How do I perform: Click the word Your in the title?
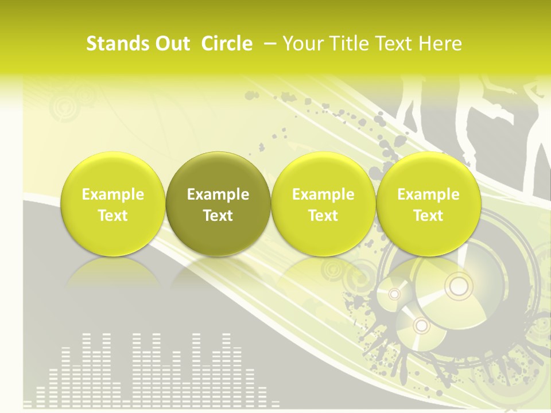click(302, 44)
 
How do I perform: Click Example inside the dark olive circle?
click(218, 194)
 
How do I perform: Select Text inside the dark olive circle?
click(218, 216)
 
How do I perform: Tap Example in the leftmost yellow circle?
click(113, 194)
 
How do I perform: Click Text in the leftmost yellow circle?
click(113, 216)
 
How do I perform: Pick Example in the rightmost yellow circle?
click(428, 194)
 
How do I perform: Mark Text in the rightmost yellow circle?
click(428, 216)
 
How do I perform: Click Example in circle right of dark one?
click(323, 194)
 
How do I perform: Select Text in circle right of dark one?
click(323, 216)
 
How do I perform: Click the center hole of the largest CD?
click(457, 285)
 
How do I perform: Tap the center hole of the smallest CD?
click(394, 294)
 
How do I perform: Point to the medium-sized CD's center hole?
click(422, 325)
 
